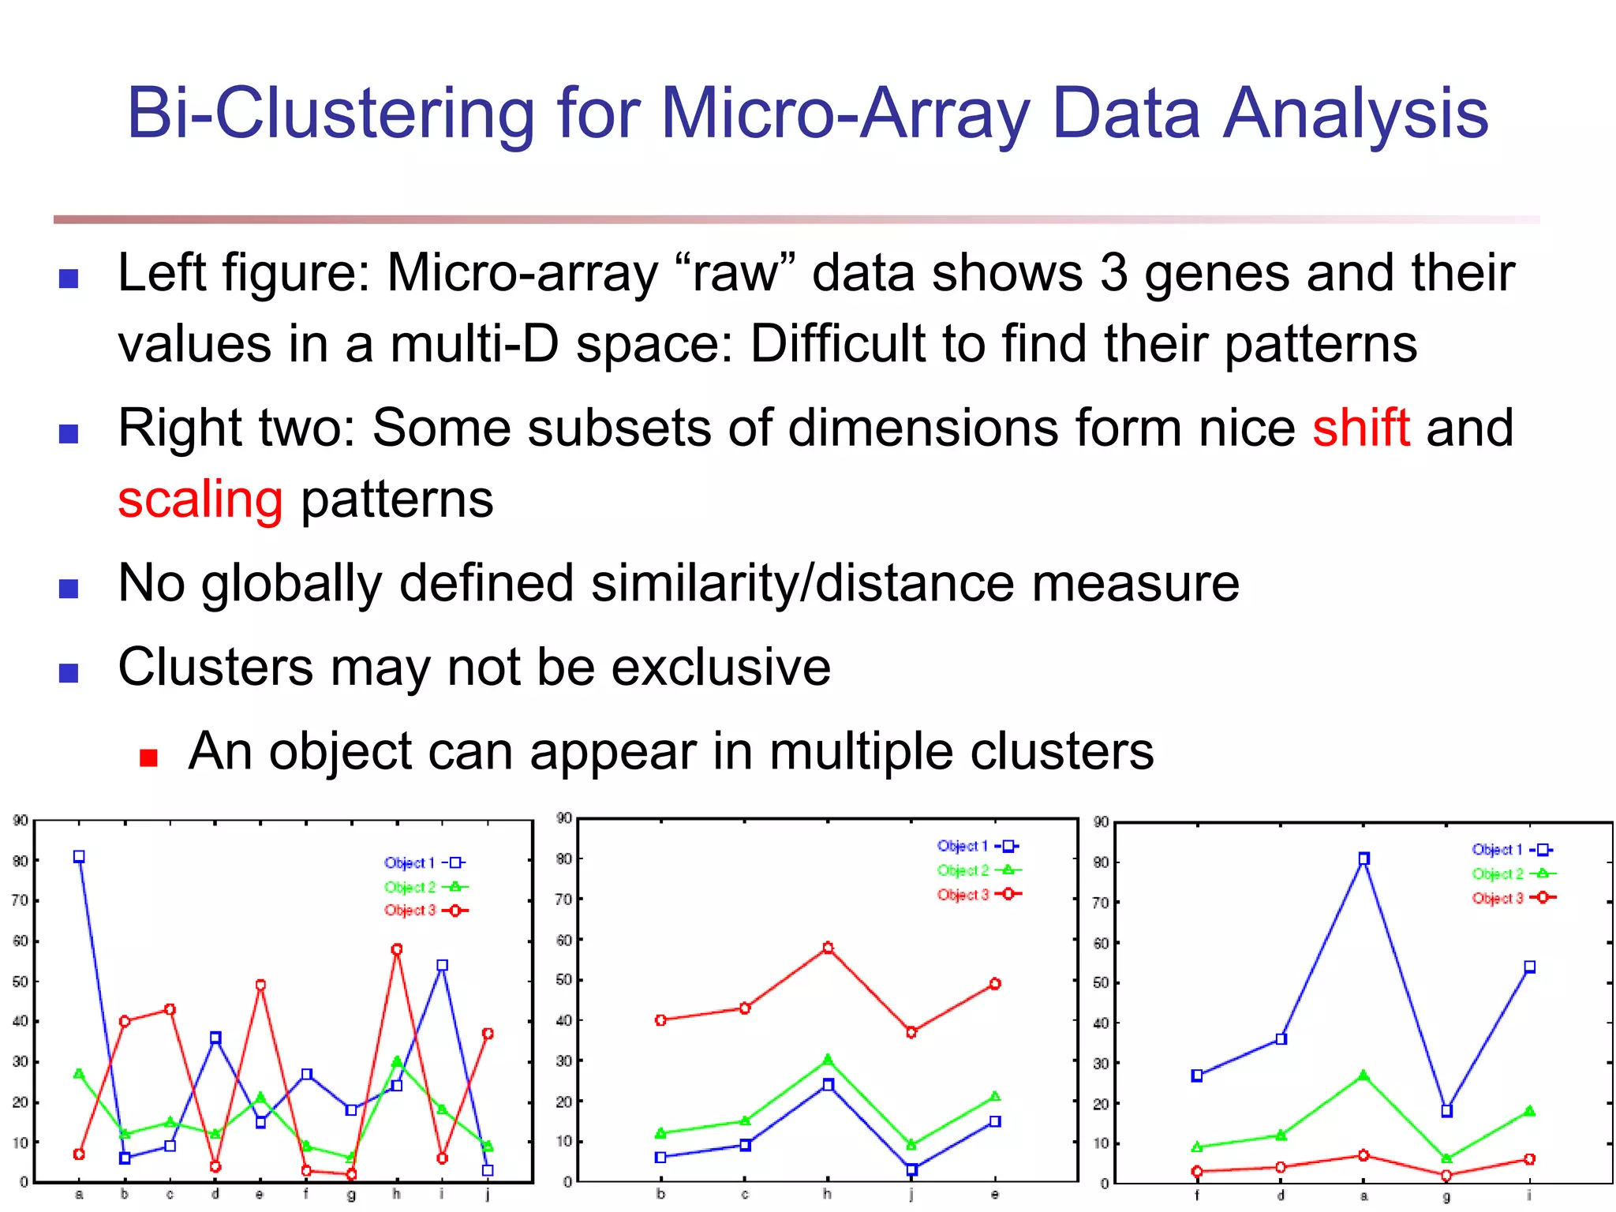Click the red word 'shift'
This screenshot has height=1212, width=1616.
pos(1360,428)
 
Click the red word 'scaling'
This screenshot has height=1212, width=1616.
pos(200,500)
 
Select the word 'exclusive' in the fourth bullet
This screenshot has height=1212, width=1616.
pos(720,668)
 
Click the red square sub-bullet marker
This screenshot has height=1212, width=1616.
pos(148,758)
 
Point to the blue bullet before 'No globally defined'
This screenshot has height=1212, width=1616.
pos(69,589)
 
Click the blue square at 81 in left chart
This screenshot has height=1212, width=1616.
pos(79,857)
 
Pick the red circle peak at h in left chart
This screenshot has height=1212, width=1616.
pos(397,949)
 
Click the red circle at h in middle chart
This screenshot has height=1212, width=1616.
pos(828,948)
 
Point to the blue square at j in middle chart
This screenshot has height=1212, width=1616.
pos(911,1169)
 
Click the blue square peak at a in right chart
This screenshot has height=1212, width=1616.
pos(1363,858)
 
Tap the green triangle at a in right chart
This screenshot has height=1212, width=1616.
pos(1363,1075)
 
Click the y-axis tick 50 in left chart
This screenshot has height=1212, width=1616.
pos(21,982)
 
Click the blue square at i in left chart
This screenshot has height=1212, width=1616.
pos(442,965)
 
